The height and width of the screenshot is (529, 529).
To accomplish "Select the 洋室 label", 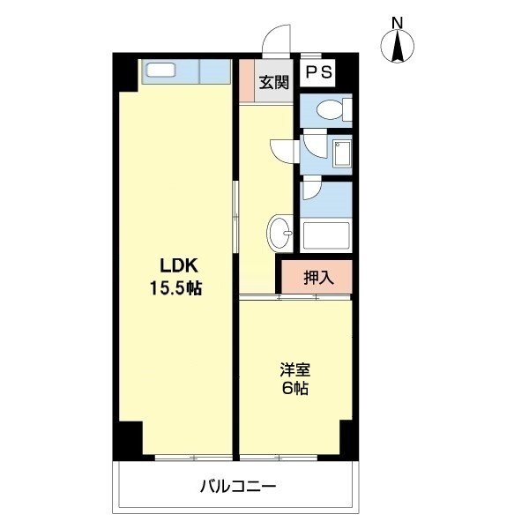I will tap(295, 371).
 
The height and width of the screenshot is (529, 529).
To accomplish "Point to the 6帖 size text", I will tap(295, 389).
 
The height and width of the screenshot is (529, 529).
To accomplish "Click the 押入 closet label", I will tap(318, 278).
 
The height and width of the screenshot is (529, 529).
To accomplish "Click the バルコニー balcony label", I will tap(238, 485).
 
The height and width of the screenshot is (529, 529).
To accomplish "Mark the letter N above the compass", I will tap(398, 23).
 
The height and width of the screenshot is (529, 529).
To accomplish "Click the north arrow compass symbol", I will tap(398, 47).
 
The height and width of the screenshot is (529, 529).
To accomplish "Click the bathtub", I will tap(325, 237).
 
